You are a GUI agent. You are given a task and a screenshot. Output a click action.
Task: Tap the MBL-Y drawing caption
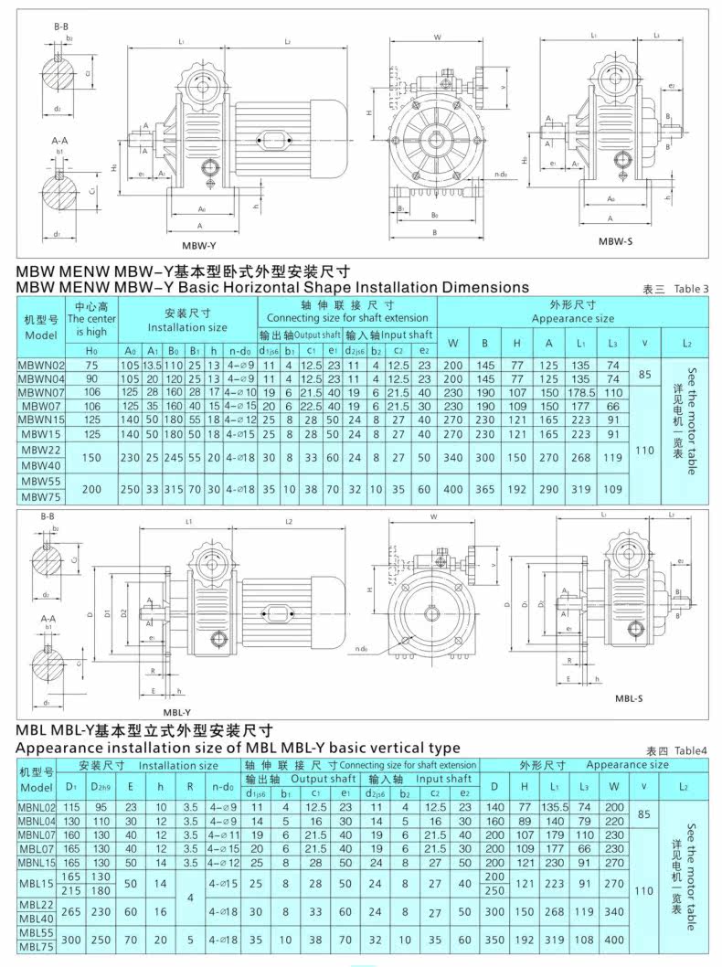[x=176, y=712]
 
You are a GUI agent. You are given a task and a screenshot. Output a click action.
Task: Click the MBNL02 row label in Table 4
[x=37, y=807]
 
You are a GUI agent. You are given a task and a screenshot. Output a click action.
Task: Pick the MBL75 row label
[x=37, y=946]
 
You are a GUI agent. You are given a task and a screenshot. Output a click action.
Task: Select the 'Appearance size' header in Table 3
[x=573, y=319]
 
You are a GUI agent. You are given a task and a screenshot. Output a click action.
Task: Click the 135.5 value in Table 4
[x=554, y=807]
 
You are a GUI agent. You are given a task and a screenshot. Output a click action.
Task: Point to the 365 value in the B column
[x=484, y=489]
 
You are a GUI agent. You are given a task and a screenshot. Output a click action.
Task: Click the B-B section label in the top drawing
[x=62, y=27]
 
